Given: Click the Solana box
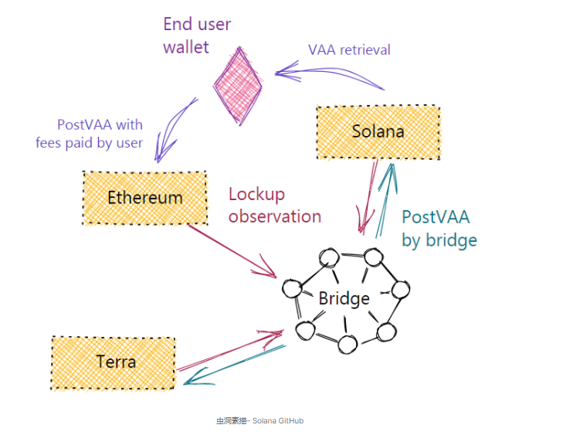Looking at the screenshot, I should tap(378, 132).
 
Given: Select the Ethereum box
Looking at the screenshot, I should tap(144, 198).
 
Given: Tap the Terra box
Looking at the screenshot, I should tap(113, 361).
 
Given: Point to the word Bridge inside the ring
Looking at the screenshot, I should tap(344, 298).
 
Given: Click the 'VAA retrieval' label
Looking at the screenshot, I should tap(349, 50).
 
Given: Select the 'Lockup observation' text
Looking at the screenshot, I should tap(274, 205).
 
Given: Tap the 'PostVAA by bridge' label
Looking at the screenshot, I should tap(439, 228).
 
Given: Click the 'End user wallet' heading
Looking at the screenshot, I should tap(196, 36).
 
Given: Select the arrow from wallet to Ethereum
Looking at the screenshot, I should tap(174, 128).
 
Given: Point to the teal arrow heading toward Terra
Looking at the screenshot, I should tap(232, 365).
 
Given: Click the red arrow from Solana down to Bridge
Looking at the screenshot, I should tap(366, 197).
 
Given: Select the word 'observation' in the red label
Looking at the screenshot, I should tap(274, 216).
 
